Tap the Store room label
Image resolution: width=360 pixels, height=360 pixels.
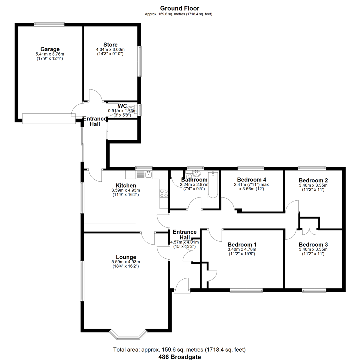click(x=110, y=45)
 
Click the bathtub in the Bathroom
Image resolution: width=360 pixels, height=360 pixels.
click(x=212, y=185)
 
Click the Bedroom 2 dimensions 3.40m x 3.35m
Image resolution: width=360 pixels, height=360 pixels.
click(x=313, y=185)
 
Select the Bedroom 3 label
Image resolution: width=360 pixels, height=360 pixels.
click(x=313, y=244)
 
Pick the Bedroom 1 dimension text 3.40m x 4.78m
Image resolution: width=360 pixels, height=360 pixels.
click(x=242, y=249)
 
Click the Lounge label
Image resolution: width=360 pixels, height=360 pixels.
click(x=126, y=257)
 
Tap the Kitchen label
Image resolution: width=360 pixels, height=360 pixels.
click(x=126, y=185)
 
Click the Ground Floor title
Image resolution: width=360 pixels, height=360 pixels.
click(x=180, y=8)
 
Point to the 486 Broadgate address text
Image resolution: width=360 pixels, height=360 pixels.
click(x=180, y=357)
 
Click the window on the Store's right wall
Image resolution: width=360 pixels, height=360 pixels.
click(x=140, y=62)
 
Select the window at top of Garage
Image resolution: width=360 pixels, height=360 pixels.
click(x=49, y=24)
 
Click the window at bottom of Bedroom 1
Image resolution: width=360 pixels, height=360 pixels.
click(x=246, y=290)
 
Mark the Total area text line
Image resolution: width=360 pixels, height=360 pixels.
click(x=180, y=350)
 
